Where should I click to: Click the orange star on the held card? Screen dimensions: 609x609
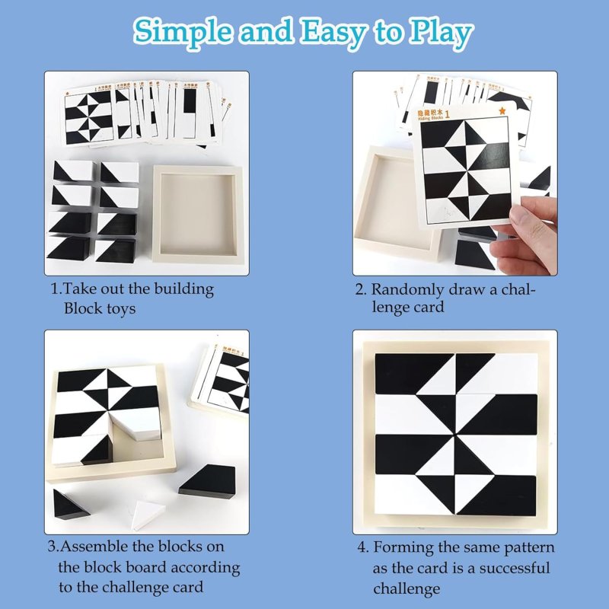point(502,113)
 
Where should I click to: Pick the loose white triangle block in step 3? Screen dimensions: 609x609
point(146,515)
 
